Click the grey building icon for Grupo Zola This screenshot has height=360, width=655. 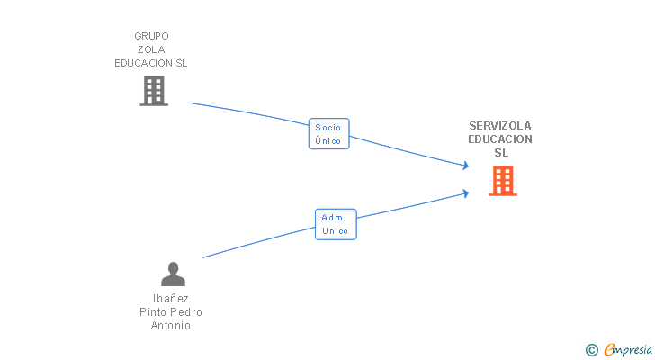[154, 90]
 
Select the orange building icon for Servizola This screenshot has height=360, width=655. [503, 181]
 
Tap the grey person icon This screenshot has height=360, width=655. [173, 274]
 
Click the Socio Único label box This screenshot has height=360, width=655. [328, 134]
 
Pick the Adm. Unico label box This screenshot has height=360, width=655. [336, 224]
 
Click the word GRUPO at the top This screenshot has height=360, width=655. [151, 36]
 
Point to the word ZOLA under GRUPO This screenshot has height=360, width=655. [151, 49]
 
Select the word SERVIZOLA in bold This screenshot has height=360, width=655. [500, 126]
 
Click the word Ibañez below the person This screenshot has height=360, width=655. [171, 299]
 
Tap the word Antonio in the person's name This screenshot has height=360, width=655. [171, 326]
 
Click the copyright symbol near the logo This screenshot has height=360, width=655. [591, 350]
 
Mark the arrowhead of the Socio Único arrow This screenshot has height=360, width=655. [465, 166]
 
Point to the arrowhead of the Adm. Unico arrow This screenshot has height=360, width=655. [465, 192]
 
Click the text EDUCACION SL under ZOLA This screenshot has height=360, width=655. [151, 63]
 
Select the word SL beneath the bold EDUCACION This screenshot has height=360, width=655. [501, 153]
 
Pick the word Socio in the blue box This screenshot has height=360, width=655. [328, 128]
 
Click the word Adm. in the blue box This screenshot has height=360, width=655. [335, 218]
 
